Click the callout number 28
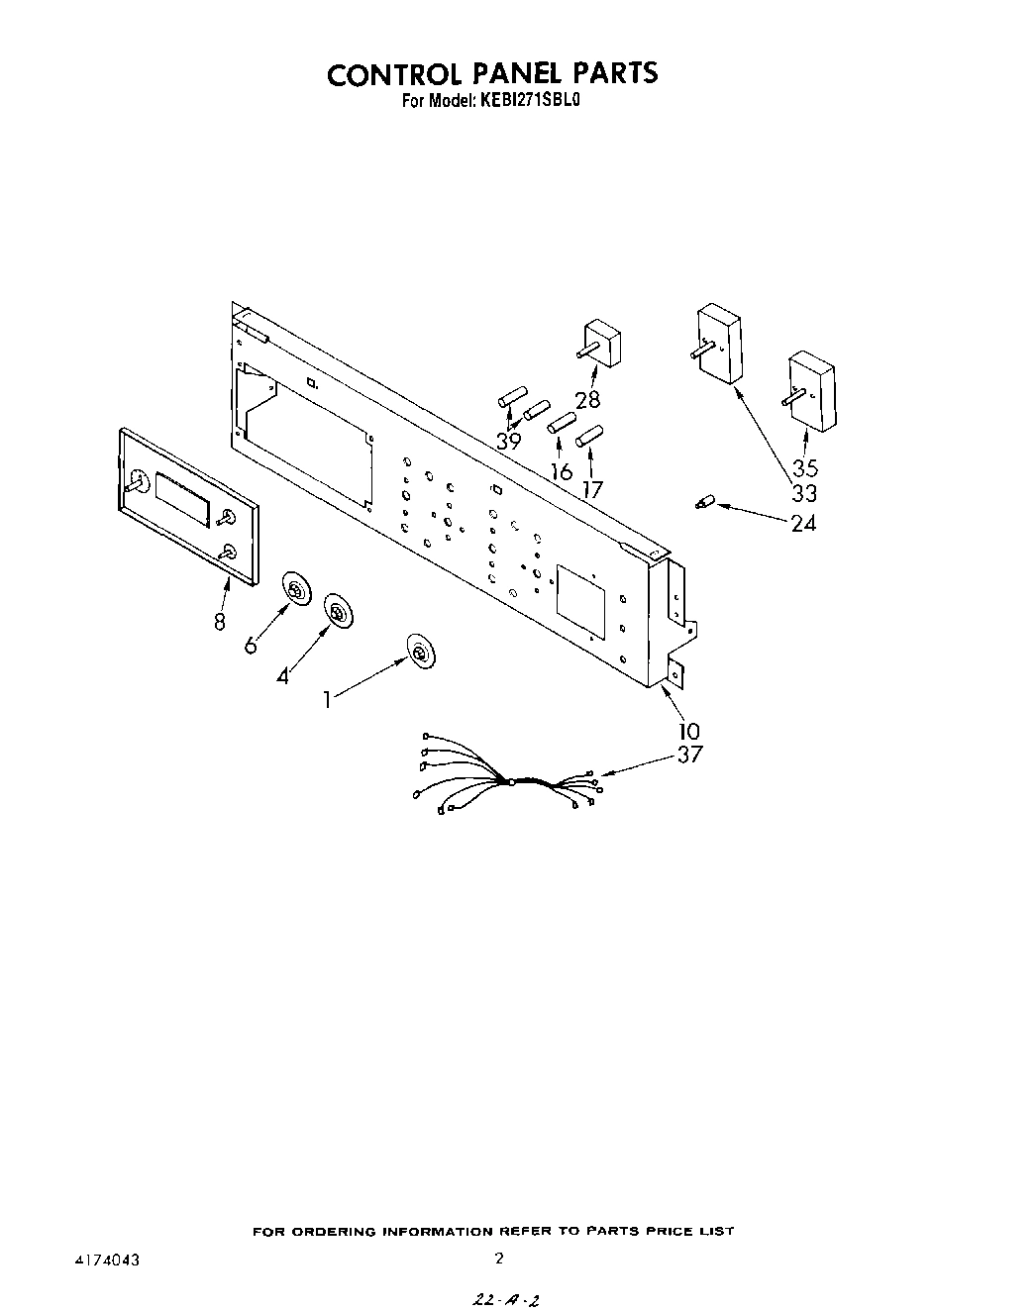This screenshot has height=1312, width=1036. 587,400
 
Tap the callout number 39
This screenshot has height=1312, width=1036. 508,442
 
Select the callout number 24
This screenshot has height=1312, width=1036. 803,523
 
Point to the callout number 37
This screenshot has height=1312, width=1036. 689,755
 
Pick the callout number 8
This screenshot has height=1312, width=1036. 219,621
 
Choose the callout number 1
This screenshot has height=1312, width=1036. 326,699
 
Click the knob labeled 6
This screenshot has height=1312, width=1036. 296,591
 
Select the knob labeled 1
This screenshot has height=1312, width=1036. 421,652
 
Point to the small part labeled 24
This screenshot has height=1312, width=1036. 704,503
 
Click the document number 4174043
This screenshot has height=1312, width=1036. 105,1260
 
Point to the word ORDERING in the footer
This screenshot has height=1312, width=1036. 336,1232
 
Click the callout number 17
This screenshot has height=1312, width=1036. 592,487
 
